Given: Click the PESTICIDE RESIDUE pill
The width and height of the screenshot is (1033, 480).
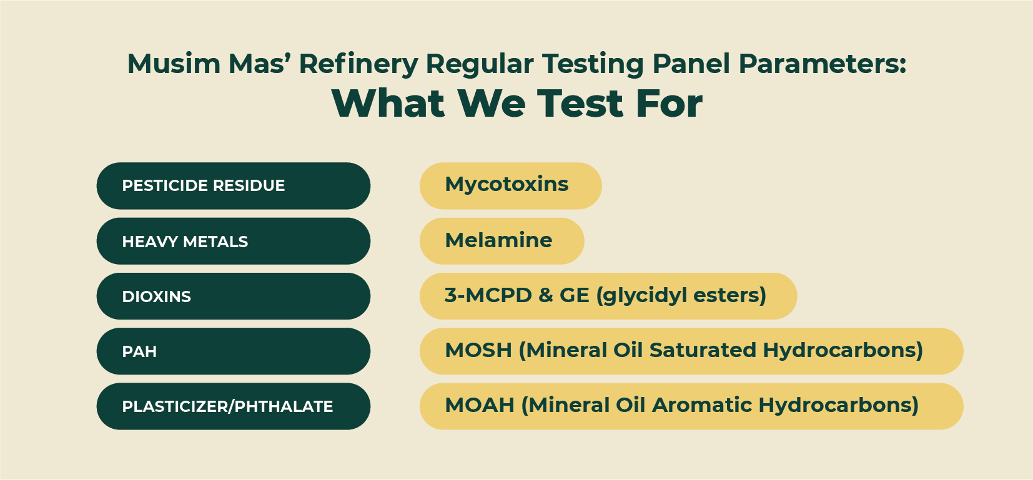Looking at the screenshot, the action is (234, 186).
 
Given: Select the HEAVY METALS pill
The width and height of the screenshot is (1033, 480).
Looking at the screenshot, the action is (234, 241).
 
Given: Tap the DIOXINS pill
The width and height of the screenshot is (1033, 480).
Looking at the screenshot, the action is (234, 296).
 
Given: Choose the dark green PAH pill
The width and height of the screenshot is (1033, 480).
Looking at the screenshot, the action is (234, 351).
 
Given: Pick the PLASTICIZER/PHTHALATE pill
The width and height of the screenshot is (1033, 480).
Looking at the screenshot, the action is (234, 406).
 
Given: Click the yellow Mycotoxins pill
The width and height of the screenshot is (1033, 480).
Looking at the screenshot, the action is (510, 186).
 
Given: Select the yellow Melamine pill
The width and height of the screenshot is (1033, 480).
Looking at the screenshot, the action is (502, 241).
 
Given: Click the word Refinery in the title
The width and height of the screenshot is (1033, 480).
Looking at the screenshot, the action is (358, 64).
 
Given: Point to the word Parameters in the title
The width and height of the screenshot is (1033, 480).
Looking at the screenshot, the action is (823, 64).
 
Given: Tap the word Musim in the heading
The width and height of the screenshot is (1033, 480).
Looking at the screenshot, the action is (174, 64).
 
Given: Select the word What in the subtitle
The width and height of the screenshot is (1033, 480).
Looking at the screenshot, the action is (388, 104).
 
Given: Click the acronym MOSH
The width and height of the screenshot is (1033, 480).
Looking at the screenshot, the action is (478, 350).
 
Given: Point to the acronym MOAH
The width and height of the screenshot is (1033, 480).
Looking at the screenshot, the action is (480, 405).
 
